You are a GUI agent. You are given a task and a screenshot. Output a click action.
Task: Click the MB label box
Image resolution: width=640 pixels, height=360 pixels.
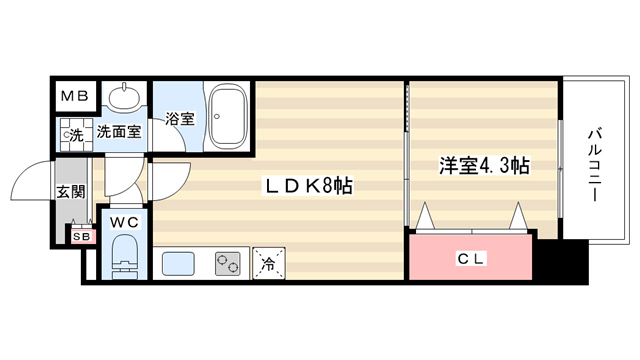[76, 96]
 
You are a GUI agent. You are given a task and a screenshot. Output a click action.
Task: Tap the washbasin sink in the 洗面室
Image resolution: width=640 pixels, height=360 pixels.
[124, 96]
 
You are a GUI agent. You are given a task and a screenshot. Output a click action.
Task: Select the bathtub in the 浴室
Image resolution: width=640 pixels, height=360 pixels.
[228, 116]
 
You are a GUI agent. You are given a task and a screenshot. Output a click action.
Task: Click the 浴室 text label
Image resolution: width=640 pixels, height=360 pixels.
[180, 119]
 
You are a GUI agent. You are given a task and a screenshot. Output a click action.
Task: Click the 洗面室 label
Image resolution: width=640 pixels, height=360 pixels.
[119, 132]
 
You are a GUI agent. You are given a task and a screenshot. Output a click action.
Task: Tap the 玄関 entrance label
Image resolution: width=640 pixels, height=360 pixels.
[71, 191]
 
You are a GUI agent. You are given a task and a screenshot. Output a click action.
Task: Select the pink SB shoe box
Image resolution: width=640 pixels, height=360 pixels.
[83, 236]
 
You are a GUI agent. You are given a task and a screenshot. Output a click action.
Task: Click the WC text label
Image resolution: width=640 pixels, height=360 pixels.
[124, 222]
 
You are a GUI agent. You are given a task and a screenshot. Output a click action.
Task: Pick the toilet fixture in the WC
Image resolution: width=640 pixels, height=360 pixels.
[124, 256]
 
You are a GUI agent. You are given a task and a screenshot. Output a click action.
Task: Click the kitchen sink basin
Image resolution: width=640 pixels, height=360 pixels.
[178, 264]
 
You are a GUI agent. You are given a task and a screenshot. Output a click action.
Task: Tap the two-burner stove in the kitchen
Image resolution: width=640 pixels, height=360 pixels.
[228, 264]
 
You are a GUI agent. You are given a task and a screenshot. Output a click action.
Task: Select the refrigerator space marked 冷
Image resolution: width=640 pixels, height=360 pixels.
[269, 263]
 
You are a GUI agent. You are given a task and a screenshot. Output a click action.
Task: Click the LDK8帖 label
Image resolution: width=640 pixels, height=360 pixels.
[309, 186]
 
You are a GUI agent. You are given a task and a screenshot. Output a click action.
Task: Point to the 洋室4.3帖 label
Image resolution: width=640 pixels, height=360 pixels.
[484, 166]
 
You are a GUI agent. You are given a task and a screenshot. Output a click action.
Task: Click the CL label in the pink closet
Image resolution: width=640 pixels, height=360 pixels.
[470, 259]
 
